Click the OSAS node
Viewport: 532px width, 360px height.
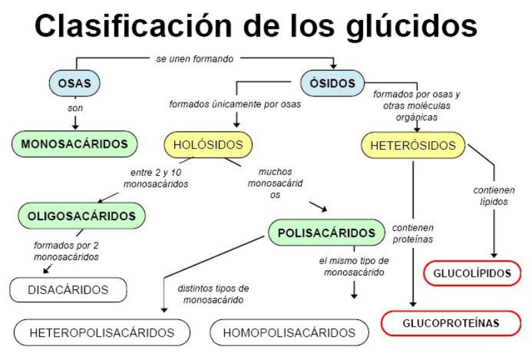coord(74,84)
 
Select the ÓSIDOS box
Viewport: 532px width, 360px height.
coord(332,84)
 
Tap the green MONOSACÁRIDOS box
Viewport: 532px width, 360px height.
coord(74,144)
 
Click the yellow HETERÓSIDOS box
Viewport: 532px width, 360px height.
coord(413,145)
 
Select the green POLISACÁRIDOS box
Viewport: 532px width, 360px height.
coord(327,233)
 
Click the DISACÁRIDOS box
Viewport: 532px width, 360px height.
coord(68,289)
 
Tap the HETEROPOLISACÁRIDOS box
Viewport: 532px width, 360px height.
coord(102,332)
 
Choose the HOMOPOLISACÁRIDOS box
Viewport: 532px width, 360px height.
coord(289,332)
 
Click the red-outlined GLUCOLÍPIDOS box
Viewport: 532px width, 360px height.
coord(472,273)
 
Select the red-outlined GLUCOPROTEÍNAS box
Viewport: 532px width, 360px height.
coord(451,323)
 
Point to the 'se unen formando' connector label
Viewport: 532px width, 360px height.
coord(195,59)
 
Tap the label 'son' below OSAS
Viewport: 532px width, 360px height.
coord(75,108)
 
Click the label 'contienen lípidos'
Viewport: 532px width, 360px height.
coord(493,196)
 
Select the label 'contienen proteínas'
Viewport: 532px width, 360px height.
coord(413,233)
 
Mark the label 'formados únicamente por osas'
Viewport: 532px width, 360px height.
coord(235,104)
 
